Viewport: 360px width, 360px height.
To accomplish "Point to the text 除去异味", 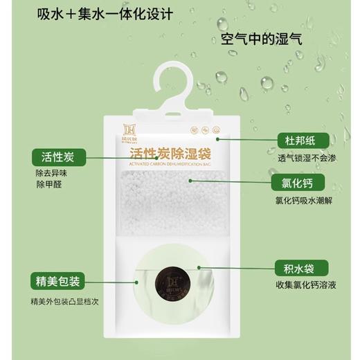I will point(49,176).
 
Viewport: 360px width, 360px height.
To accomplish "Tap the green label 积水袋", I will point(299,268).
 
